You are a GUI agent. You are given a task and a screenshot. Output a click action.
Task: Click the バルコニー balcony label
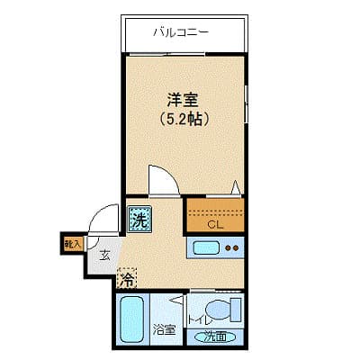[181, 32]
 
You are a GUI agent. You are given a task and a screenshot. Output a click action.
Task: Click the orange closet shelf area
[215, 210]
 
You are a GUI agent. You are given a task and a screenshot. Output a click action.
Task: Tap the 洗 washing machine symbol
[139, 218]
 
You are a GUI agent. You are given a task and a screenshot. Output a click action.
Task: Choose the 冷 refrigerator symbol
[129, 278]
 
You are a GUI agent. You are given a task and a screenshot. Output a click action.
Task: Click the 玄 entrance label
[104, 256]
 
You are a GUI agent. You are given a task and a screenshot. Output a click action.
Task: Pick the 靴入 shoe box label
[72, 242]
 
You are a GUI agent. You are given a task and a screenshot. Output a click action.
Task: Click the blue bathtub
[134, 319]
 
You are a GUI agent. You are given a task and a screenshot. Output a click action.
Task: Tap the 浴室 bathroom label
[164, 329]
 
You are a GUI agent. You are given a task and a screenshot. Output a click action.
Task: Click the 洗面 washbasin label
[214, 337]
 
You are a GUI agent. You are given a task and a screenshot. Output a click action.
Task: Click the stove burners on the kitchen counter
[232, 247]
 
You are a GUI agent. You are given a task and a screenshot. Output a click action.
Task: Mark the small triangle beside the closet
[236, 188]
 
